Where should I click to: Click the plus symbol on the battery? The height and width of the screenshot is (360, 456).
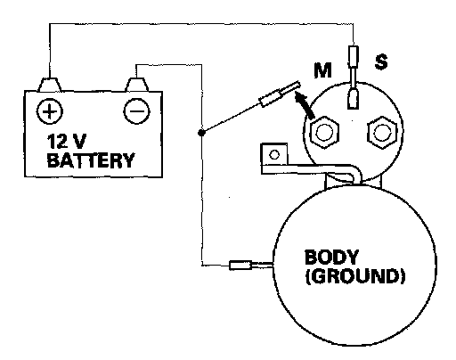(x=50, y=111)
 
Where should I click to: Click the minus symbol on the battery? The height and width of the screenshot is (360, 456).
(x=136, y=111)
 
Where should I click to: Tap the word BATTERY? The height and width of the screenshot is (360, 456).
(x=91, y=160)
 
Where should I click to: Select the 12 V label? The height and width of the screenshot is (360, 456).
(x=67, y=141)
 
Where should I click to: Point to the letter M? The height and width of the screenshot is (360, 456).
(x=322, y=70)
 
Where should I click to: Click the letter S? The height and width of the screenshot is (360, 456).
(x=381, y=61)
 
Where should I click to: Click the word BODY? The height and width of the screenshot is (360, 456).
(x=331, y=257)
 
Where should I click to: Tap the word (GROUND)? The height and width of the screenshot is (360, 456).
(x=355, y=276)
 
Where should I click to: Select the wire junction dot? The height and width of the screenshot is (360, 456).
(x=201, y=133)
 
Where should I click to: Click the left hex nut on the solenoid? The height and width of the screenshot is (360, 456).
(x=324, y=132)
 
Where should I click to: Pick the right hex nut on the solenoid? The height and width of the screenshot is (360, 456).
(x=382, y=132)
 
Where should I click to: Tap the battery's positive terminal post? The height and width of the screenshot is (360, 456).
(x=50, y=85)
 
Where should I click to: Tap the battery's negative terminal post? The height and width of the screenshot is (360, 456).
(x=136, y=85)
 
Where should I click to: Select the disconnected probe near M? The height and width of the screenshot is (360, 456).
(x=280, y=94)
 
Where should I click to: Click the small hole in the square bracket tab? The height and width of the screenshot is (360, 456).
(x=274, y=154)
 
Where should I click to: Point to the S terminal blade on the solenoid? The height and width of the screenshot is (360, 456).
(x=353, y=98)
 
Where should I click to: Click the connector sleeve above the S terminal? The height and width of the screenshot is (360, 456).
(x=354, y=56)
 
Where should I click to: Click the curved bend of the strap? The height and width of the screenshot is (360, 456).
(x=356, y=171)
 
